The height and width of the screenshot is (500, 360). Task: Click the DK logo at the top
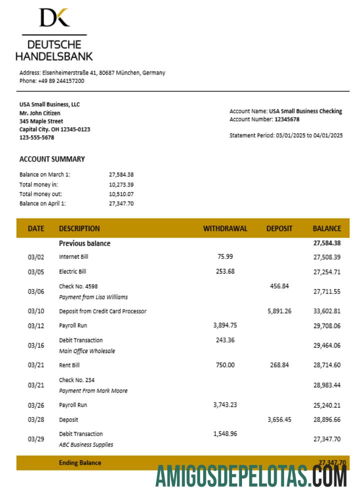pyautogui.click(x=54, y=17)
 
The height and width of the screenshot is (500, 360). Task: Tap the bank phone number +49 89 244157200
pyautogui.click(x=61, y=80)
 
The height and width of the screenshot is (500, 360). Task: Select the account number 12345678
pyautogui.click(x=287, y=119)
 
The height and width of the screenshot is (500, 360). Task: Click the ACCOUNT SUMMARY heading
pyautogui.click(x=52, y=159)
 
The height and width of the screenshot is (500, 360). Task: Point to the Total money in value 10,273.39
pyautogui.click(x=121, y=184)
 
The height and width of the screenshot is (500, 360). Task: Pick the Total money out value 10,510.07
pyautogui.click(x=121, y=193)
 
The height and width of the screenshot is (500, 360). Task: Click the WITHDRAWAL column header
pyautogui.click(x=225, y=228)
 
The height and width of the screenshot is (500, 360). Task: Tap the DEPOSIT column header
pyautogui.click(x=279, y=228)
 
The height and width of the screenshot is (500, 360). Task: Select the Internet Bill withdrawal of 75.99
pyautogui.click(x=225, y=256)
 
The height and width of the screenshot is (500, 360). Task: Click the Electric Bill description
pyautogui.click(x=72, y=271)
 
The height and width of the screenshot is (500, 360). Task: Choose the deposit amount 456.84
pyautogui.click(x=279, y=286)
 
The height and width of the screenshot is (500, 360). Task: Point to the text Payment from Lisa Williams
pyautogui.click(x=93, y=297)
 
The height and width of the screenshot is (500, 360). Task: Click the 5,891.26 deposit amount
pyautogui.click(x=279, y=311)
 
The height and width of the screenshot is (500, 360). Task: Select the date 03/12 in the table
pyautogui.click(x=36, y=325)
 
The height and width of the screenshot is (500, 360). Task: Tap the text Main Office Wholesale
pyautogui.click(x=87, y=351)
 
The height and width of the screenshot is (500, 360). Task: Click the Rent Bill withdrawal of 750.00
pyautogui.click(x=225, y=365)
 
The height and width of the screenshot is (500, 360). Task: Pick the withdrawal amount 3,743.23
pyautogui.click(x=225, y=405)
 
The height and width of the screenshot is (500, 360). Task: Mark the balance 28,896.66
pyautogui.click(x=327, y=419)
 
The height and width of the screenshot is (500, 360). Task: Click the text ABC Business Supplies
pyautogui.click(x=86, y=444)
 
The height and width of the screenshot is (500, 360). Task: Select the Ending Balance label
pyautogui.click(x=80, y=463)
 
